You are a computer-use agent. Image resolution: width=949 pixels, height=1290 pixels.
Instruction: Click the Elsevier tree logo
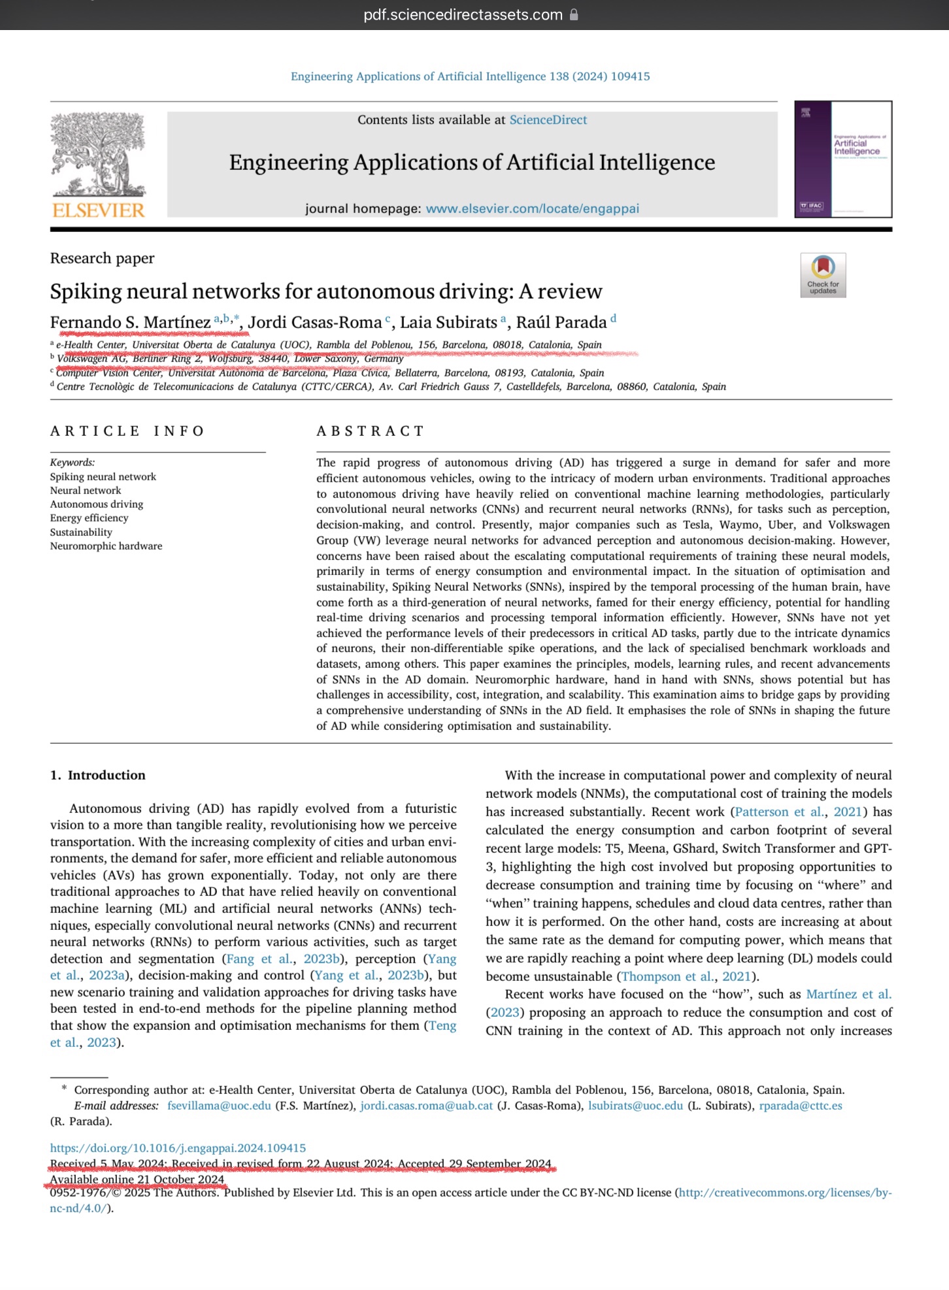pos(98,155)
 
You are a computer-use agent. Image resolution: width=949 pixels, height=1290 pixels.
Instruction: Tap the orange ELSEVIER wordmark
pos(98,210)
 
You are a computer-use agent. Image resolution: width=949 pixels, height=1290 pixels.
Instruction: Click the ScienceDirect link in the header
pos(548,120)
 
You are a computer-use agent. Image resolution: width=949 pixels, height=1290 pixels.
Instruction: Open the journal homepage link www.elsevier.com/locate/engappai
pos(532,208)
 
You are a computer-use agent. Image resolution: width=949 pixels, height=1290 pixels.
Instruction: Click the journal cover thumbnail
pos(842,159)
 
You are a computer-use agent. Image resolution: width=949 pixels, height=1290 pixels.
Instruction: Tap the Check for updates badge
pos(823,275)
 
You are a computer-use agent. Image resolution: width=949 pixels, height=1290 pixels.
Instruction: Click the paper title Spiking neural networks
pos(325,291)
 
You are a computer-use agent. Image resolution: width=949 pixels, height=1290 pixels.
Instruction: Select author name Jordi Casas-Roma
pos(314,322)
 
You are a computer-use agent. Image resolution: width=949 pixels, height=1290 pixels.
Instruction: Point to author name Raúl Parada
pos(561,322)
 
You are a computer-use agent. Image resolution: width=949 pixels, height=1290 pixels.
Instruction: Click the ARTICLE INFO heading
pos(127,431)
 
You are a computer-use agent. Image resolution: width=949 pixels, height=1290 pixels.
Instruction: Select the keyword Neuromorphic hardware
pos(106,546)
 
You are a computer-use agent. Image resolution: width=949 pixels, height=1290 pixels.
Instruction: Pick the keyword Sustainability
pos(81,532)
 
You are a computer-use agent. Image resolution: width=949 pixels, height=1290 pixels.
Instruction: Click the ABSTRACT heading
pos(371,431)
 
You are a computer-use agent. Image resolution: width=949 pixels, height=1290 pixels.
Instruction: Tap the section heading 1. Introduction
pos(98,775)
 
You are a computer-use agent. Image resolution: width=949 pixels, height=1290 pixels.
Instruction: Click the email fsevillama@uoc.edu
pos(219,1106)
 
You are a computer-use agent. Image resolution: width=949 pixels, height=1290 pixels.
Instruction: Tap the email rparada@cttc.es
pos(800,1106)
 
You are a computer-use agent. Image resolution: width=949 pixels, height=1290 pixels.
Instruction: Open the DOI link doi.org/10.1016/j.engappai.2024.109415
pos(178,1148)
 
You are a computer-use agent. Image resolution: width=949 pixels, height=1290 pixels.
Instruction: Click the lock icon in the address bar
pos(574,14)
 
